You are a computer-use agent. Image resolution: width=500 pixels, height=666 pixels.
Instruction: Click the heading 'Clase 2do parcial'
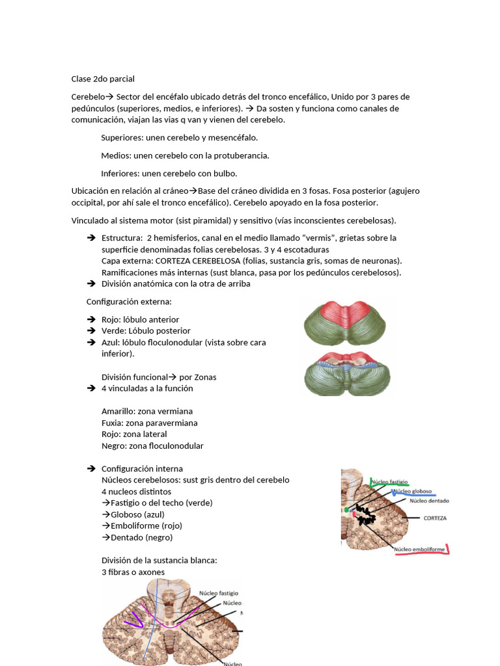[x=103, y=79]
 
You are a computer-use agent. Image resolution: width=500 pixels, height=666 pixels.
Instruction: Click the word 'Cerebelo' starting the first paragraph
[x=88, y=97]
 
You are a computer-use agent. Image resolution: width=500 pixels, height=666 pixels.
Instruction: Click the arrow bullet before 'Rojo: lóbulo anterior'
[x=91, y=319]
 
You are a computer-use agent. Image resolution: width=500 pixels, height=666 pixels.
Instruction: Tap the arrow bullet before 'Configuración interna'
[x=91, y=468]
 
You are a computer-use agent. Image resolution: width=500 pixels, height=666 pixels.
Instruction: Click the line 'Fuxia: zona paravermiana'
[x=149, y=423]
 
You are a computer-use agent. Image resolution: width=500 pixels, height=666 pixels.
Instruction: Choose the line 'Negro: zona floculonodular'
[x=152, y=446]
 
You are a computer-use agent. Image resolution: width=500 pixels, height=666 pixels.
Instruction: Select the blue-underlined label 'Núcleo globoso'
[x=411, y=492]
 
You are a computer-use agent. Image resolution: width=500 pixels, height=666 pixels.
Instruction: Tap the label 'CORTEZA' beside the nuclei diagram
[x=434, y=518]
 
